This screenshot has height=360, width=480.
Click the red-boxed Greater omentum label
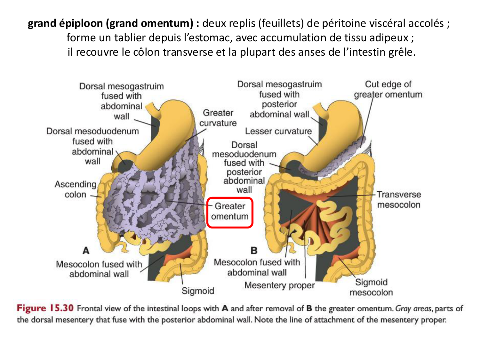(x=230, y=212)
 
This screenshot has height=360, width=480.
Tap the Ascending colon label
(x=76, y=189)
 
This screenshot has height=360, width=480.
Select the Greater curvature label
(x=218, y=118)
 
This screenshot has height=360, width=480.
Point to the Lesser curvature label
(x=278, y=131)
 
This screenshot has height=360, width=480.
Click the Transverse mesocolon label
(x=398, y=199)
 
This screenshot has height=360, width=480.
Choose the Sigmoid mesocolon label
(x=371, y=287)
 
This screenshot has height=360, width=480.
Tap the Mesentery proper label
(x=279, y=285)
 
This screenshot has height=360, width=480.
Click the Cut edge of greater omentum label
(x=388, y=89)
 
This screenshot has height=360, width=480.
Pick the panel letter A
(x=86, y=251)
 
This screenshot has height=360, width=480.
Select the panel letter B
(x=254, y=251)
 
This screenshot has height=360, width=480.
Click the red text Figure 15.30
(x=45, y=308)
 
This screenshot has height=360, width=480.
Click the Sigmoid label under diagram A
(x=198, y=291)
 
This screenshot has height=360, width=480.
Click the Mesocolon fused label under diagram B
(x=257, y=267)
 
